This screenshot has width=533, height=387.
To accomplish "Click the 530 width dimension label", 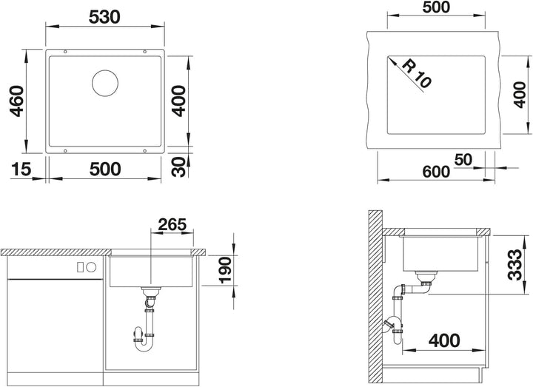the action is pyautogui.click(x=104, y=17).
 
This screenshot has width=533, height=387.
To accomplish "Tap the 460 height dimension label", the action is pyautogui.click(x=16, y=101).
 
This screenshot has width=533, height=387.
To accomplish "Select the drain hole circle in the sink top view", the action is pyautogui.click(x=105, y=83).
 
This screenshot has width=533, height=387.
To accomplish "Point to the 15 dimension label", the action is pyautogui.click(x=21, y=169).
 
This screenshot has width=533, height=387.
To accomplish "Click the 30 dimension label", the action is pyautogui.click(x=179, y=166).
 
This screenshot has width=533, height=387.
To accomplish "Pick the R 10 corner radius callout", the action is pyautogui.click(x=416, y=74).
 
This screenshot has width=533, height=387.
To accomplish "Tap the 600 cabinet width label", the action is pyautogui.click(x=436, y=172).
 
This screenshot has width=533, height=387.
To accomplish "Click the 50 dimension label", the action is pyautogui.click(x=463, y=160).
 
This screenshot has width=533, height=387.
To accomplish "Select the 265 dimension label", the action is pyautogui.click(x=172, y=224).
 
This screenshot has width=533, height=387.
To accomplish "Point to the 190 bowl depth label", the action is pyautogui.click(x=225, y=270).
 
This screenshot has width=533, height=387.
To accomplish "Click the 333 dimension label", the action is pyautogui.click(x=514, y=265).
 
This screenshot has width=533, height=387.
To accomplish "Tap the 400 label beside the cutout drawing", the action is pyautogui.click(x=520, y=95).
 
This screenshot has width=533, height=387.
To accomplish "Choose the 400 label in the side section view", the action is pyautogui.click(x=444, y=340).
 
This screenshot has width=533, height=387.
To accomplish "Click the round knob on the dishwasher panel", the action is pyautogui.click(x=92, y=267).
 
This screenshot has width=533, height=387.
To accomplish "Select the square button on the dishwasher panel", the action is pyautogui.click(x=81, y=267).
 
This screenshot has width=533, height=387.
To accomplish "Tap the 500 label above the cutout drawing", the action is pyautogui.click(x=436, y=7).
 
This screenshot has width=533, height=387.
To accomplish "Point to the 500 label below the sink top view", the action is pyautogui.click(x=105, y=169).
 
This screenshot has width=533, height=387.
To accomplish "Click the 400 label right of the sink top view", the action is pyautogui.click(x=179, y=101).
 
